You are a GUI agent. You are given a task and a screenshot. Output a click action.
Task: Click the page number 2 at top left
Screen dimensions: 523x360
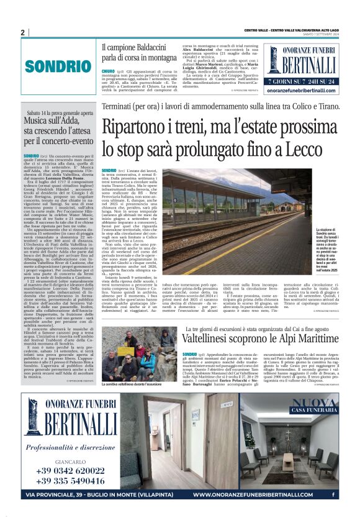pyautogui.click(x=22, y=32)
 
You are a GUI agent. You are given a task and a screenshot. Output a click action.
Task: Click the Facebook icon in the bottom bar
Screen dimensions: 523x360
pyautogui.click(x=334, y=495)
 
